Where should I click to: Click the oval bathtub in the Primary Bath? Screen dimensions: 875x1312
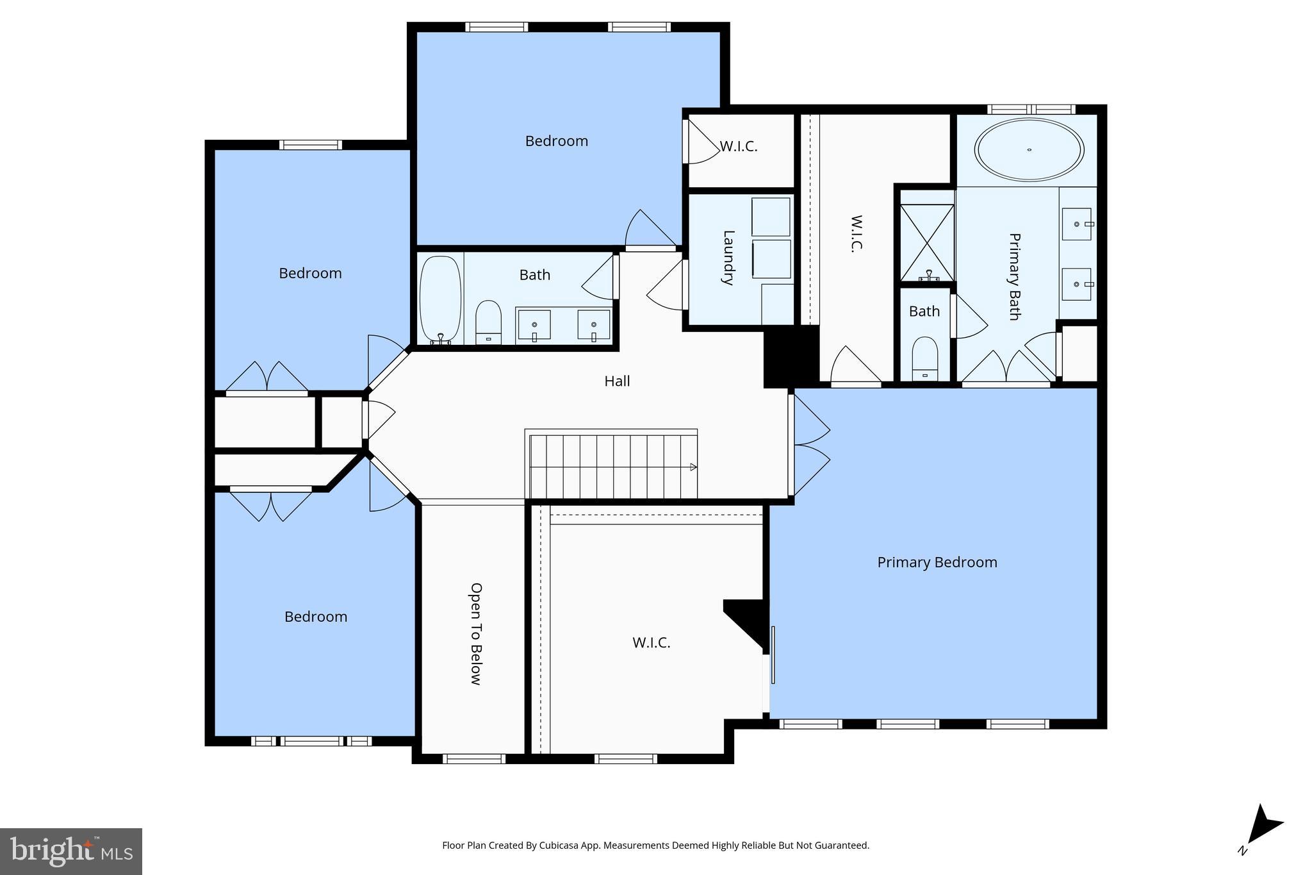(1029, 150)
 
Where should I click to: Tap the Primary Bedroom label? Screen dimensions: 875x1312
(937, 562)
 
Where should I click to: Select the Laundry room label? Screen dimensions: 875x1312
(728, 258)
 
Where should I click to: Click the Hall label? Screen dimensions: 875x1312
(617, 381)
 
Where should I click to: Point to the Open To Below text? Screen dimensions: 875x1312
(476, 633)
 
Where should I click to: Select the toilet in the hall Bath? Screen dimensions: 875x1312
(488, 322)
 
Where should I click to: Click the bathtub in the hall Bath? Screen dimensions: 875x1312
(440, 300)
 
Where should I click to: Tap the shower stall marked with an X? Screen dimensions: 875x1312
(927, 242)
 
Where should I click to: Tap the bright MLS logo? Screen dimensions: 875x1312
(71, 851)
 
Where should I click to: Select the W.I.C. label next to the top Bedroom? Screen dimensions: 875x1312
(739, 147)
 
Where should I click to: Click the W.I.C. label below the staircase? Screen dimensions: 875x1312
(651, 642)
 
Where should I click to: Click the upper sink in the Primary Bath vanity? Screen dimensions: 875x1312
(1076, 224)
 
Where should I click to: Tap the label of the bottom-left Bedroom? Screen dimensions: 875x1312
(316, 617)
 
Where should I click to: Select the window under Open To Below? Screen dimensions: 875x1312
(474, 759)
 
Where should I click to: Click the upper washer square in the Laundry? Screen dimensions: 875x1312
(770, 217)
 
